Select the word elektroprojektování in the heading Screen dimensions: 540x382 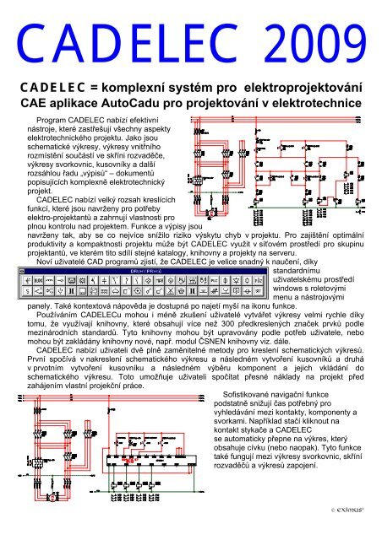tap(299, 88)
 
